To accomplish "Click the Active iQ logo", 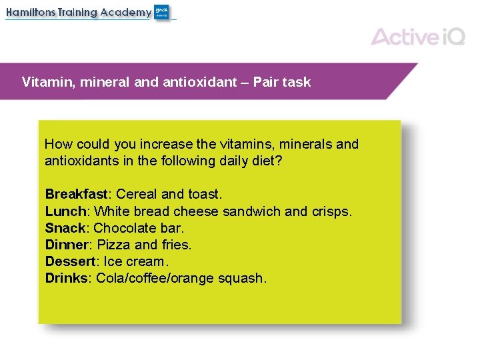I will (418, 36).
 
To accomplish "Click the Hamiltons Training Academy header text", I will (79, 13).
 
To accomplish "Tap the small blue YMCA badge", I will (162, 12).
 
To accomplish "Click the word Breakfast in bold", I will (76, 194).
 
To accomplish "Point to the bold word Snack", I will (65, 228).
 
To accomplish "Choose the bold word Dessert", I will (70, 261).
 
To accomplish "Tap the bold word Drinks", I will (66, 278).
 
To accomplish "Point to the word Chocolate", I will (124, 228).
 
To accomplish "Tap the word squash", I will (242, 278).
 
